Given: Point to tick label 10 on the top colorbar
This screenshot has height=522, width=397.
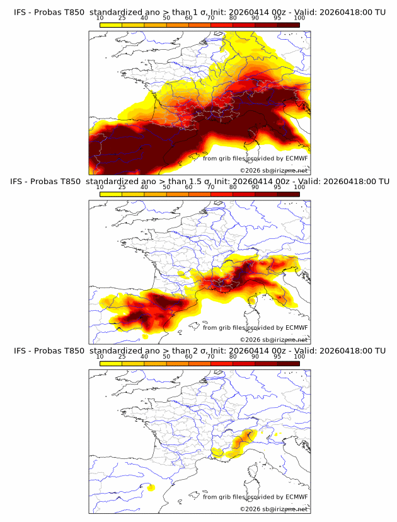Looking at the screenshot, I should (x=100, y=18).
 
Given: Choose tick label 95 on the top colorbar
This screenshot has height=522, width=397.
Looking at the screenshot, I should (x=277, y=18).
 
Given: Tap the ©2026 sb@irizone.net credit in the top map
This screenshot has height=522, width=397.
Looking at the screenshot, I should (x=273, y=170).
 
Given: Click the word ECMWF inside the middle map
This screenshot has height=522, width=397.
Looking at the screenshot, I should (x=296, y=327).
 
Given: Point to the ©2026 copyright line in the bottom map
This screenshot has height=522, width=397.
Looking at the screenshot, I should (x=273, y=508).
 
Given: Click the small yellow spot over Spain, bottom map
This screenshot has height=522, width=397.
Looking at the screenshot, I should (x=151, y=487).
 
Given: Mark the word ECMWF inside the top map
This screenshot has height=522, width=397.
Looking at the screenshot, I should (x=296, y=158).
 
